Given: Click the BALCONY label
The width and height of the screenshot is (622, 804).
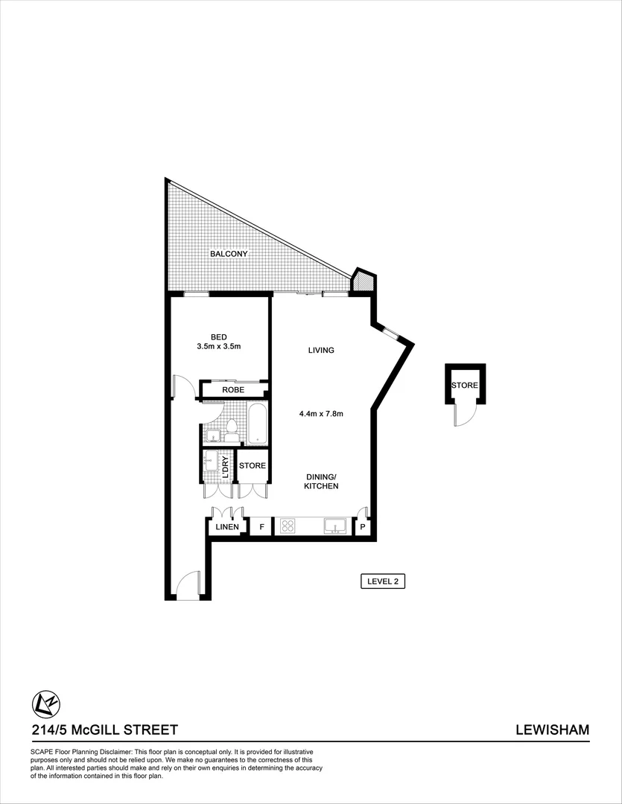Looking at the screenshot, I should tap(228, 254).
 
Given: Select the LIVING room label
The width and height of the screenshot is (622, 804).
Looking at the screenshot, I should tap(321, 350).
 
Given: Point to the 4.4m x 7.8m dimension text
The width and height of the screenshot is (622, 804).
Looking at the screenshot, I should tap(320, 414).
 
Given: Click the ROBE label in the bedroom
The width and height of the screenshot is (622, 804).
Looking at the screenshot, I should tap(233, 389).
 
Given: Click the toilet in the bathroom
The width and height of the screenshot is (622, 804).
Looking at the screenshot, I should tap(231, 430).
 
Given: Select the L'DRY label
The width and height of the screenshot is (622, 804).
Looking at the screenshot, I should tap(225, 467).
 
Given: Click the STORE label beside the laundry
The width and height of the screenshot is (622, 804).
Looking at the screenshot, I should tap(252, 466).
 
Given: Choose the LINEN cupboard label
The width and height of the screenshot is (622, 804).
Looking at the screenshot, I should tap(227, 527).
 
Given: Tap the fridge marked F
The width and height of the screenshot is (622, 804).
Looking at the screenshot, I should tap(261, 527).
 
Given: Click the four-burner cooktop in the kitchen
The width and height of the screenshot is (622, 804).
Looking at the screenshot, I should tap(288, 526).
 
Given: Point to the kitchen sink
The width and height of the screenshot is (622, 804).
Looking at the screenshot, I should tap(335, 526).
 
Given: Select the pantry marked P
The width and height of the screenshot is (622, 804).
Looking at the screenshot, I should tap(363, 527).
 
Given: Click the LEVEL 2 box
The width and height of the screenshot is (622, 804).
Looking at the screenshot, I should tap(381, 581).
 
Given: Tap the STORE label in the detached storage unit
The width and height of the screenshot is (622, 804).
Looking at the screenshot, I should tap(464, 385).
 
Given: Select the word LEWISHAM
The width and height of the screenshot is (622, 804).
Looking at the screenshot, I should tap(552, 730).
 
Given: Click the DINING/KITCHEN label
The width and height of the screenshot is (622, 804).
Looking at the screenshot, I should tap(321, 481).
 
